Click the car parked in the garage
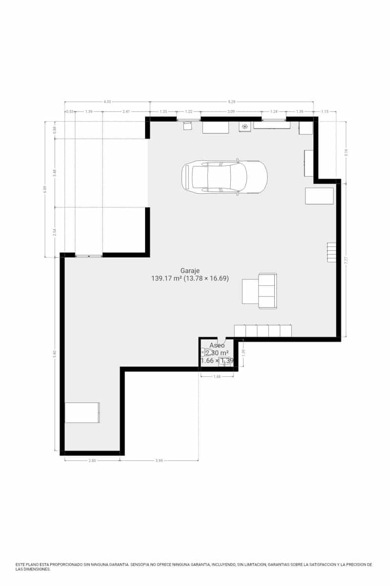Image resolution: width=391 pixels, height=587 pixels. [x=224, y=177]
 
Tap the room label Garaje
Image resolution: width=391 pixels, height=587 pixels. [x=190, y=271]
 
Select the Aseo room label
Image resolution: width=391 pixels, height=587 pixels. [x=217, y=345]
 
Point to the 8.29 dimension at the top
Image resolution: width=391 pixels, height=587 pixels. [x=232, y=102]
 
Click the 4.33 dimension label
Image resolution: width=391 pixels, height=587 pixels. [x=107, y=102]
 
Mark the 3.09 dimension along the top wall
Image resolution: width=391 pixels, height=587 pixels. [x=231, y=112]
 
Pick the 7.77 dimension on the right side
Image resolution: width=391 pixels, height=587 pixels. [x=346, y=261]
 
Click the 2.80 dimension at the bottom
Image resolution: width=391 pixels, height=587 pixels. [x=92, y=460]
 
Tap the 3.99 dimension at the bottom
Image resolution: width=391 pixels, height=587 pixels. [x=159, y=460]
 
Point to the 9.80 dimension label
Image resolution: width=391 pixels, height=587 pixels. [x=55, y=353]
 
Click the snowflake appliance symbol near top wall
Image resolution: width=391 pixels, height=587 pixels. [x=245, y=127]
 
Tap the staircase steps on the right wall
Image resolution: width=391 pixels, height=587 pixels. [x=332, y=252]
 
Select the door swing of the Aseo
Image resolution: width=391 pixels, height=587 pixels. [x=220, y=340]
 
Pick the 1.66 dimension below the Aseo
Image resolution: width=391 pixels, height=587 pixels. [x=217, y=376]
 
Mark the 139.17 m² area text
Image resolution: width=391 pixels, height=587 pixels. [x=166, y=278]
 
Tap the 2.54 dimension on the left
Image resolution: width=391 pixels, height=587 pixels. [x=55, y=232]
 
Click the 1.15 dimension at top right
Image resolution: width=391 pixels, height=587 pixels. [x=326, y=112]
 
